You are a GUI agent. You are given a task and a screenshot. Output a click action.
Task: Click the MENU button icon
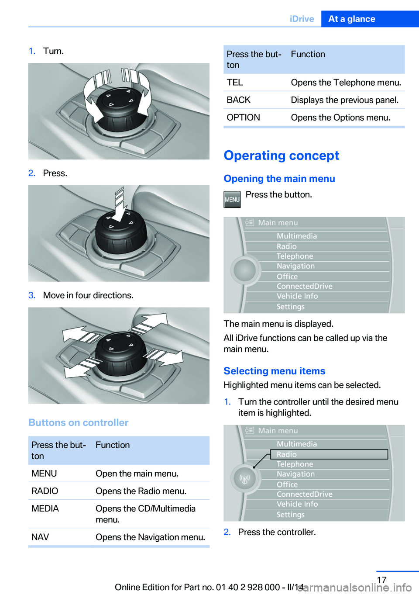click(x=232, y=200)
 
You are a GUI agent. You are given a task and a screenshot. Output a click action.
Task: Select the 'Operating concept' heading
click(x=281, y=156)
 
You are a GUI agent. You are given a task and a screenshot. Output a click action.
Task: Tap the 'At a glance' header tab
click(x=351, y=19)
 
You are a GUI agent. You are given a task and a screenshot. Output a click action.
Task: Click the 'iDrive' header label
click(x=302, y=19)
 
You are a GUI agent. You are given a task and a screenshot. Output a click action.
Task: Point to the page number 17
click(x=381, y=580)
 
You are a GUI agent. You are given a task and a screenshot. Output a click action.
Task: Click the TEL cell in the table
click(x=235, y=83)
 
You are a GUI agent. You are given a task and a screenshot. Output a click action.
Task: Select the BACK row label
click(x=238, y=100)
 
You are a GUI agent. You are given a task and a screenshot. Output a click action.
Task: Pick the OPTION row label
click(x=243, y=118)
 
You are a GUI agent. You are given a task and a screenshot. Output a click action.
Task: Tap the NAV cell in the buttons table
click(x=40, y=537)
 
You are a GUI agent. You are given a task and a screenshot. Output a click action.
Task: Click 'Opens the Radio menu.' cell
click(x=141, y=491)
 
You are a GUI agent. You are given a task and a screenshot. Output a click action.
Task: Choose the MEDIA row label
click(x=45, y=509)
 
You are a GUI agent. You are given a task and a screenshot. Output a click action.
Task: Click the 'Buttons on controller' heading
click(x=79, y=422)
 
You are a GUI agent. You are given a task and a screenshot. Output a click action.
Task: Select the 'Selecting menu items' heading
click(x=274, y=371)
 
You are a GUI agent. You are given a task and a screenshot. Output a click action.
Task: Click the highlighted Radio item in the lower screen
click(x=287, y=454)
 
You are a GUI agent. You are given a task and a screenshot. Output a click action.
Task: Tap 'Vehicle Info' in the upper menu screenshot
click(x=297, y=296)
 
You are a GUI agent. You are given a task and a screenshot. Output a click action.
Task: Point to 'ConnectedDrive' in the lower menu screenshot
click(x=304, y=494)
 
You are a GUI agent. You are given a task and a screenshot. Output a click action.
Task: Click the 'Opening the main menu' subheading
click(x=279, y=179)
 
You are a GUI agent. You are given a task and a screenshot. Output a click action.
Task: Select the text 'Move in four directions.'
click(x=88, y=295)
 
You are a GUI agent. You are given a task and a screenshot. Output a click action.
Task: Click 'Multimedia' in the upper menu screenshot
click(x=297, y=236)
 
